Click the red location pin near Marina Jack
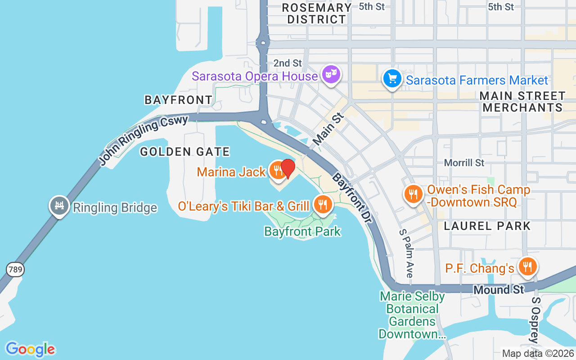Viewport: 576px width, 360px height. tap(288, 168)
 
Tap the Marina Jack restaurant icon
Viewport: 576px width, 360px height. tap(277, 170)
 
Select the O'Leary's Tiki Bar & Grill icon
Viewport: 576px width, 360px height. tap(322, 205)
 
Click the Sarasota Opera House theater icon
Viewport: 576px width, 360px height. tap(332, 73)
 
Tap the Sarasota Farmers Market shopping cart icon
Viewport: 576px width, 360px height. tap(392, 79)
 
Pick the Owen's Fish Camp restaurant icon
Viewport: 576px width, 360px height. tap(413, 194)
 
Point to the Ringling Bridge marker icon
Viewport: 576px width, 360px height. tap(58, 206)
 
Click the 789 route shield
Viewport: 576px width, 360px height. tap(15, 270)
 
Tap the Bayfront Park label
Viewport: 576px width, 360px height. tap(302, 232)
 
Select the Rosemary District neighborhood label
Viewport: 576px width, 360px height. tap(317, 13)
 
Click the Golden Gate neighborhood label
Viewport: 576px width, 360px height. tap(185, 152)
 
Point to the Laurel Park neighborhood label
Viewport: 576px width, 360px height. tap(487, 226)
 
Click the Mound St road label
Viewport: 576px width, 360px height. tap(499, 290)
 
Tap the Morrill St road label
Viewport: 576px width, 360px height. tap(464, 162)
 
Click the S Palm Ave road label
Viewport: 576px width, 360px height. tap(406, 253)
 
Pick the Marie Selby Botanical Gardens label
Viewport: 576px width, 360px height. tap(412, 315)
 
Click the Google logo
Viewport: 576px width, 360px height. tap(30, 349)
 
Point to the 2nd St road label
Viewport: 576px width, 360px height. tap(288, 63)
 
